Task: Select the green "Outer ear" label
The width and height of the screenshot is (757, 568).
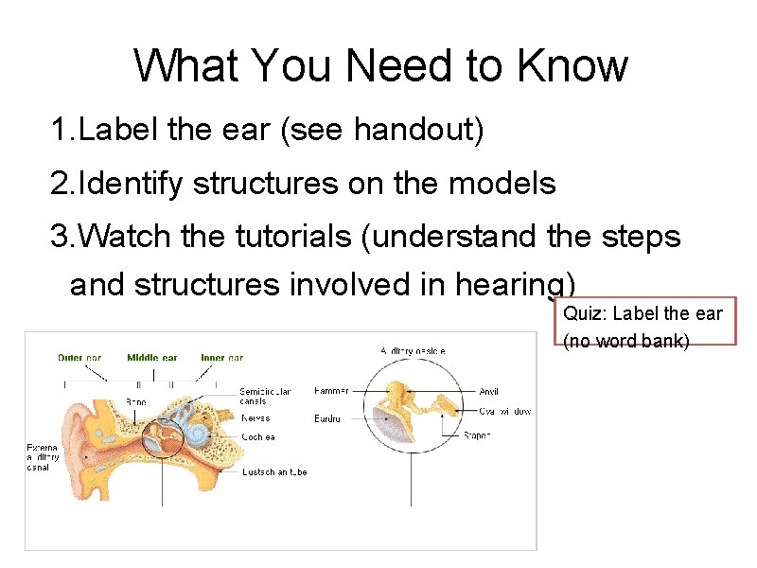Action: (x=79, y=358)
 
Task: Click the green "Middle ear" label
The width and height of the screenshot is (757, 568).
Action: (x=151, y=358)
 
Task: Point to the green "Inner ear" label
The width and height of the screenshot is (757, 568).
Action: (x=221, y=358)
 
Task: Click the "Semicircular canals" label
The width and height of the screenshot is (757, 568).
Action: (x=265, y=396)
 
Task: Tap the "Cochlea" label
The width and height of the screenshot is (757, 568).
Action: (x=259, y=436)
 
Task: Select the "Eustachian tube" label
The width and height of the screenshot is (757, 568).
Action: (x=274, y=471)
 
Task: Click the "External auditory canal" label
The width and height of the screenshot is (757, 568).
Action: (x=43, y=457)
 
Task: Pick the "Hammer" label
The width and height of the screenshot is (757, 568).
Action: (x=331, y=391)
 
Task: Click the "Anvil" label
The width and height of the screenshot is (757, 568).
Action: (x=489, y=391)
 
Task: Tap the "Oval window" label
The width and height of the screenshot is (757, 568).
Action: (x=504, y=411)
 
